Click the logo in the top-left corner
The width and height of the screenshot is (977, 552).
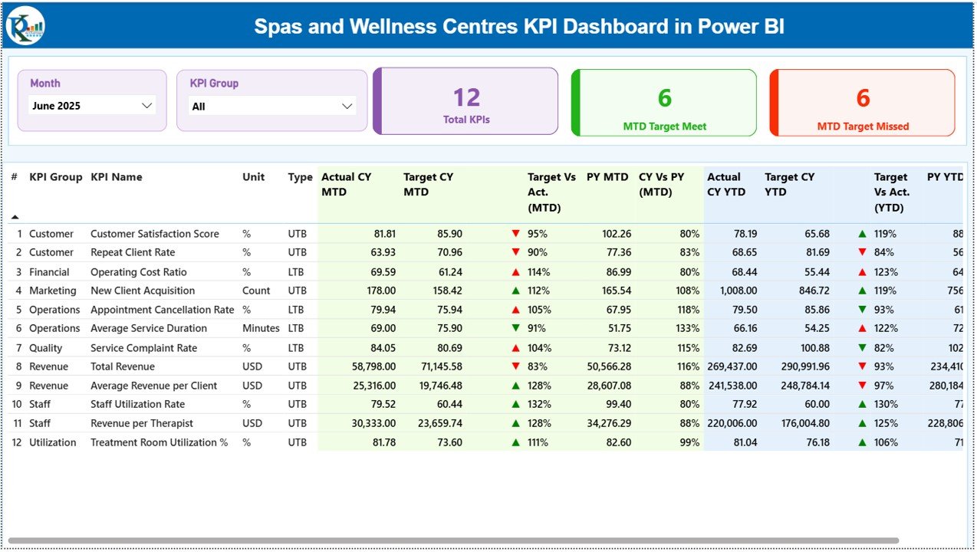tap(25, 27)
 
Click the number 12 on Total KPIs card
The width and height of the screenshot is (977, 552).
tap(466, 97)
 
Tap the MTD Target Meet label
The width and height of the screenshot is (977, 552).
tap(664, 127)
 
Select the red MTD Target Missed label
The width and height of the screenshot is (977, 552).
tap(863, 127)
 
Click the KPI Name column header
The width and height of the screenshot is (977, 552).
tap(117, 177)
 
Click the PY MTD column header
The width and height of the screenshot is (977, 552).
tap(607, 177)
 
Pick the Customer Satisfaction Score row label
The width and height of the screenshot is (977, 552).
tap(155, 234)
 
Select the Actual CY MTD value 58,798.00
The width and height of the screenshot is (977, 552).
tap(370, 366)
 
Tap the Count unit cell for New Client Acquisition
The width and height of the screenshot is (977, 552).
tap(256, 291)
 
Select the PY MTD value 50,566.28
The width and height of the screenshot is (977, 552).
tap(606, 366)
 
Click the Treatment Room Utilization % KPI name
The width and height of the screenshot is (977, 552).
tap(160, 442)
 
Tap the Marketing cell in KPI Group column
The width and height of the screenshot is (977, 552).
tap(53, 291)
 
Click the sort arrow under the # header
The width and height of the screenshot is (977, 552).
tap(15, 217)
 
